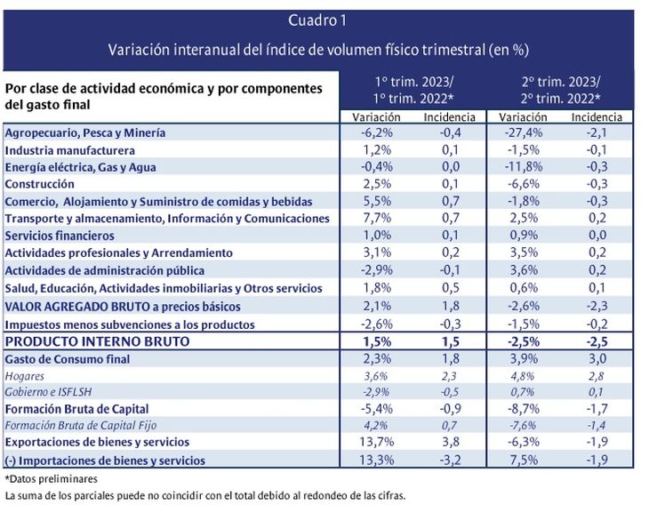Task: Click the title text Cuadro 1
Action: point(317,20)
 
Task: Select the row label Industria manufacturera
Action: point(70,150)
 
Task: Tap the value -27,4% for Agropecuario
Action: point(524,132)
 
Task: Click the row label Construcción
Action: point(40,184)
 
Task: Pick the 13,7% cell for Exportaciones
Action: point(377,442)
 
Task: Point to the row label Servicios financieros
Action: point(60,236)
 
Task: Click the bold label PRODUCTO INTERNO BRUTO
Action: point(97,341)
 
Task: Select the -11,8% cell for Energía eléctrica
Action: point(524,167)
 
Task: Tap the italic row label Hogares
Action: point(24,376)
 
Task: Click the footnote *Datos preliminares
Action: point(52,479)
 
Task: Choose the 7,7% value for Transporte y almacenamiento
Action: point(377,218)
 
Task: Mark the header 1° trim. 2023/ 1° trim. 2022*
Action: point(413,90)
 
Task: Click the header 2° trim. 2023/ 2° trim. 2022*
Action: point(560,90)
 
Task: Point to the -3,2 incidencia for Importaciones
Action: point(450,460)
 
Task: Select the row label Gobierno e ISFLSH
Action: point(48,392)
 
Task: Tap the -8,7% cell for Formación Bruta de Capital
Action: point(524,409)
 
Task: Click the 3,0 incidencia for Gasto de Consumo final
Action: point(597,358)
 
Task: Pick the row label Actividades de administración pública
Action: point(105,270)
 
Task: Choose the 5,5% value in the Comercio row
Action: point(377,201)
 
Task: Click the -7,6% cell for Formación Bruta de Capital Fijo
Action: point(523,425)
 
